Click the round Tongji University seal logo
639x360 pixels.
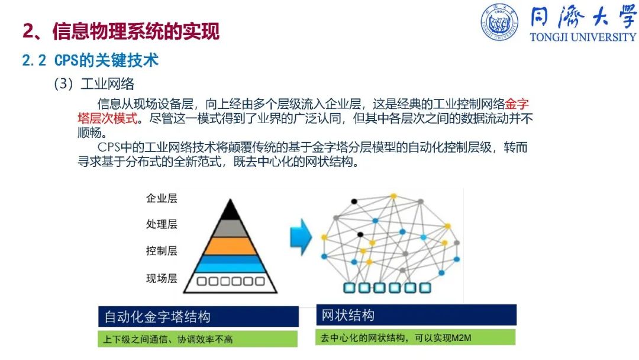499,22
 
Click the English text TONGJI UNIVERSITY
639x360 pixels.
583,37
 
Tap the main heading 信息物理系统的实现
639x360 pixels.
136,31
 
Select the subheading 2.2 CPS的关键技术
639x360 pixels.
90,60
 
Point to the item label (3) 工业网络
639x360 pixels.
93,84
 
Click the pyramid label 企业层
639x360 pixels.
162,198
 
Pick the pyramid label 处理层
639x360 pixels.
162,224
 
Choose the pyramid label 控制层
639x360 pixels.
162,250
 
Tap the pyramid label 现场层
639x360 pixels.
162,278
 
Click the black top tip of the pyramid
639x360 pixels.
230,200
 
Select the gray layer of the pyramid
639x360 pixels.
230,229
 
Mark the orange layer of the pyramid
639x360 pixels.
230,246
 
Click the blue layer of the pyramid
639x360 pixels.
230,263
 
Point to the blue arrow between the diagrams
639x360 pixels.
301,237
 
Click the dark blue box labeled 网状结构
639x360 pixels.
416,315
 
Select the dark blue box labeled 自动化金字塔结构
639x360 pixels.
198,316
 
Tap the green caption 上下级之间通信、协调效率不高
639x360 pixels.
198,339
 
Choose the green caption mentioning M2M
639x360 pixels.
415,337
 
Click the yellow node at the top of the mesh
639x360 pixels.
393,196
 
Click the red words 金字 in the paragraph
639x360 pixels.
517,104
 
